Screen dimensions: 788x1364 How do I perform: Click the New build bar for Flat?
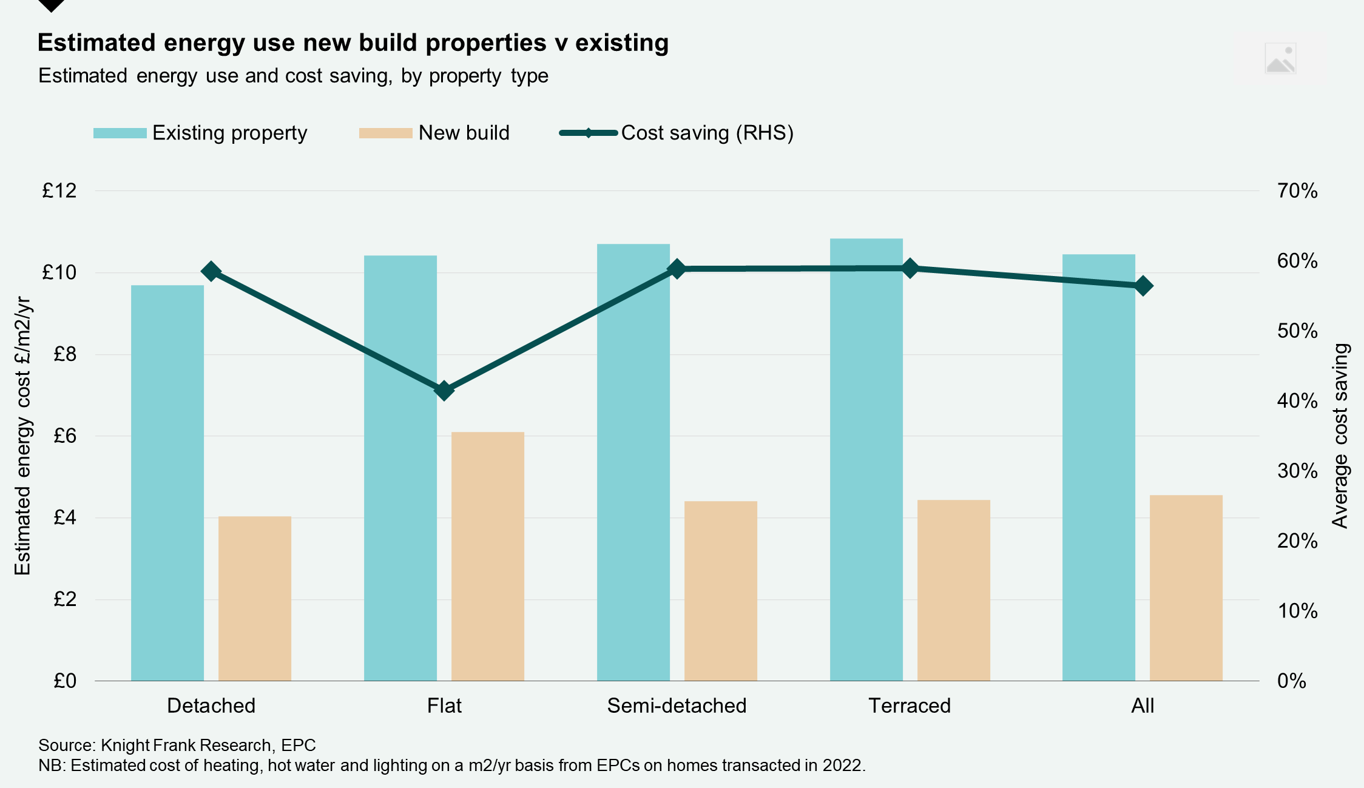pyautogui.click(x=487, y=556)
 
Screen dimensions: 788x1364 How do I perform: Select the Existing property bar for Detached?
pyautogui.click(x=167, y=482)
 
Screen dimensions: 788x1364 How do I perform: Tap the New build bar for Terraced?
pyautogui.click(x=953, y=590)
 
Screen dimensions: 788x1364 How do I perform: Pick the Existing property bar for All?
pyautogui.click(x=1098, y=467)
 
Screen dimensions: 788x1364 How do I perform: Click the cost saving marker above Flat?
pyautogui.click(x=444, y=390)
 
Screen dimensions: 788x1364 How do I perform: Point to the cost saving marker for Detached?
pyautogui.click(x=211, y=271)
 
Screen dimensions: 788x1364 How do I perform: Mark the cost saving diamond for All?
pyautogui.click(x=1143, y=286)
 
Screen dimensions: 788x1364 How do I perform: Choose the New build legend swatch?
pyautogui.click(x=385, y=133)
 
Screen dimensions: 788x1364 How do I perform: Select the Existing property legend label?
pyautogui.click(x=229, y=133)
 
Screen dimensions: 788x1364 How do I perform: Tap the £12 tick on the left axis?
pyautogui.click(x=59, y=191)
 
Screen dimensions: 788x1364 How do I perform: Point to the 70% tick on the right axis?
pyautogui.click(x=1297, y=191)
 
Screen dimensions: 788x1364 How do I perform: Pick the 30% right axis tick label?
pyautogui.click(x=1297, y=471)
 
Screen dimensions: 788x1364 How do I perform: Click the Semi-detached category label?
pyautogui.click(x=677, y=705)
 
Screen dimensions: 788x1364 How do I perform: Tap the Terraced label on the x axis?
pyautogui.click(x=909, y=705)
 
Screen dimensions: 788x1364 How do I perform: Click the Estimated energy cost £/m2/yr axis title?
pyautogui.click(x=22, y=436)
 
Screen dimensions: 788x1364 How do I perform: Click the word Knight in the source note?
pyautogui.click(x=125, y=745)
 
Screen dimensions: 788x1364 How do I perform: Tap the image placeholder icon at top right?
pyautogui.click(x=1280, y=58)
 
